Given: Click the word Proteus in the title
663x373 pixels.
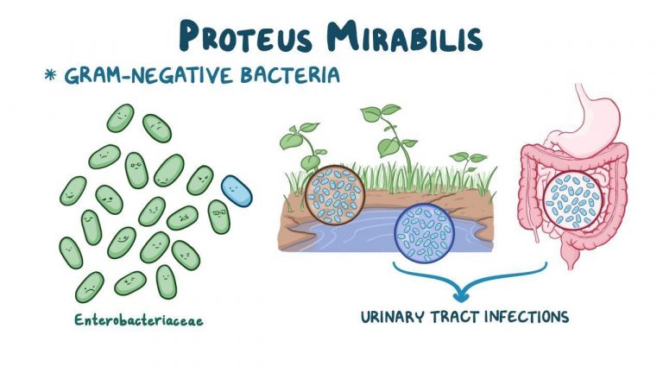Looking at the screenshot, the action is (x=247, y=37).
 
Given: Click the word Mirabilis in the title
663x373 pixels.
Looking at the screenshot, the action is (x=405, y=37).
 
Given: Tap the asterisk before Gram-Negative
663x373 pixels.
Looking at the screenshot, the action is (x=50, y=75).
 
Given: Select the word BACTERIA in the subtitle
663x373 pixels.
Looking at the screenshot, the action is (x=290, y=75).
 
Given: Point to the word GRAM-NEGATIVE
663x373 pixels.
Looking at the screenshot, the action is (x=148, y=75).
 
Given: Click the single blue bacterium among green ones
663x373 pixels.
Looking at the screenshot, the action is (x=237, y=191).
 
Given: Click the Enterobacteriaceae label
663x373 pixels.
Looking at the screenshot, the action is (x=139, y=319).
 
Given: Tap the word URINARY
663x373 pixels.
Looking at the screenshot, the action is (x=392, y=317).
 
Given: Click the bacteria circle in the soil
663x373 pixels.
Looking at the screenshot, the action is (x=335, y=195).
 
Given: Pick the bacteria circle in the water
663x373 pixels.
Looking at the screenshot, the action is (x=424, y=233).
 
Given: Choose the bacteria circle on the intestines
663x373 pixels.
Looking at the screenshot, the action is (x=573, y=200).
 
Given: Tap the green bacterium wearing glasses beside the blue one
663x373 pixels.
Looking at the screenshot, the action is (x=219, y=216).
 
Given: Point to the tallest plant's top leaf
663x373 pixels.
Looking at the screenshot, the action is (x=391, y=110).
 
